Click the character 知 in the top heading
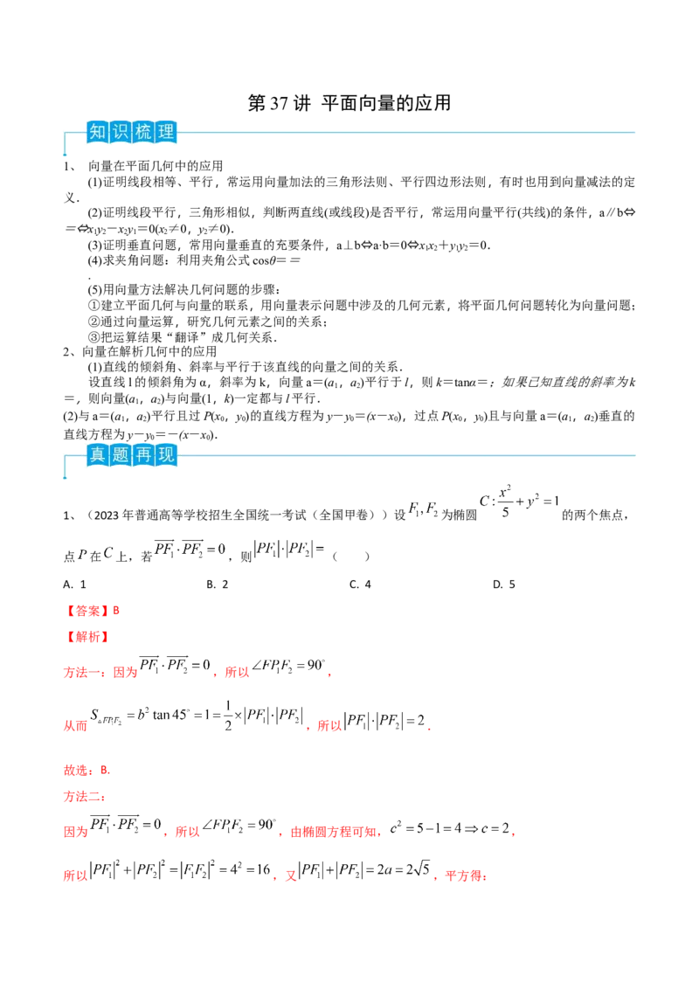click(97, 134)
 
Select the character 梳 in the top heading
click(143, 134)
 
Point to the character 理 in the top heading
click(167, 134)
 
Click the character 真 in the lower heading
click(97, 455)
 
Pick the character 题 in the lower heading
click(120, 455)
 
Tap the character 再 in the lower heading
click(143, 455)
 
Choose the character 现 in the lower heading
click(167, 455)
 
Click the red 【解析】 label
click(86, 636)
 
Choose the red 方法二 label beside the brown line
click(82, 797)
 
